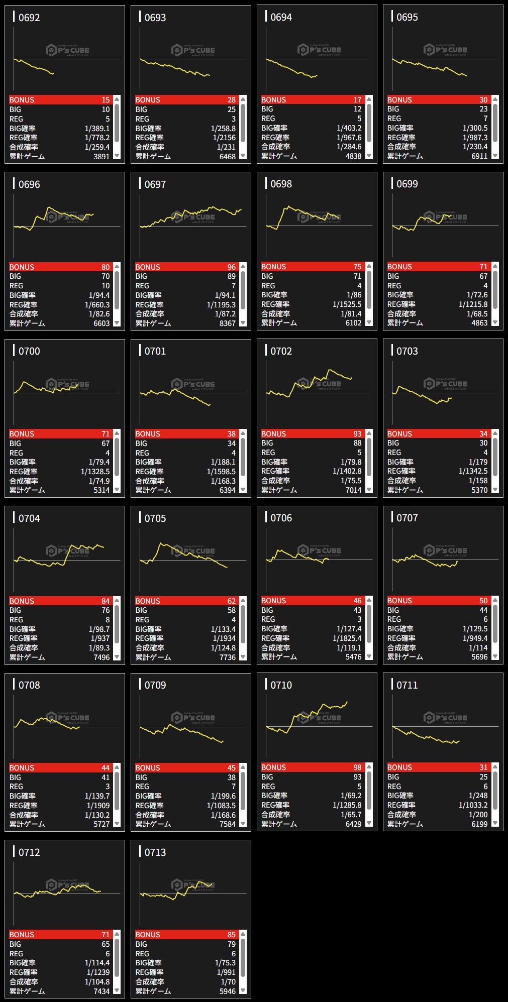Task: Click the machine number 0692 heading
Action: click(x=29, y=18)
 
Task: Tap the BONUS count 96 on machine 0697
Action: click(x=231, y=267)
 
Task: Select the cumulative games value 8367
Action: click(x=227, y=323)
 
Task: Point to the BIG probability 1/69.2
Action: click(x=351, y=796)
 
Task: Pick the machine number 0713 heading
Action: click(x=155, y=852)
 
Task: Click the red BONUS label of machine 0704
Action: click(x=22, y=601)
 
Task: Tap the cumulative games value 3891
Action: click(x=101, y=157)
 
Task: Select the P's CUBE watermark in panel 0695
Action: click(x=445, y=50)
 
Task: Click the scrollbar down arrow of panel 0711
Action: click(x=495, y=824)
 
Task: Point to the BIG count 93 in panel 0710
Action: click(x=357, y=777)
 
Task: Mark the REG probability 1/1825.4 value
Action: click(x=347, y=638)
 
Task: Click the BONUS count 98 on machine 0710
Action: click(x=357, y=767)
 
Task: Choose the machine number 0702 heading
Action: click(x=281, y=351)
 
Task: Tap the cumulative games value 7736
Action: click(x=227, y=657)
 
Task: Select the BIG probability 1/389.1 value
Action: click(x=97, y=129)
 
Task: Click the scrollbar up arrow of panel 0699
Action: click(x=495, y=266)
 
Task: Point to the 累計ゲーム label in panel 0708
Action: click(x=27, y=824)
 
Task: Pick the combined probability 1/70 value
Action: click(x=228, y=982)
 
